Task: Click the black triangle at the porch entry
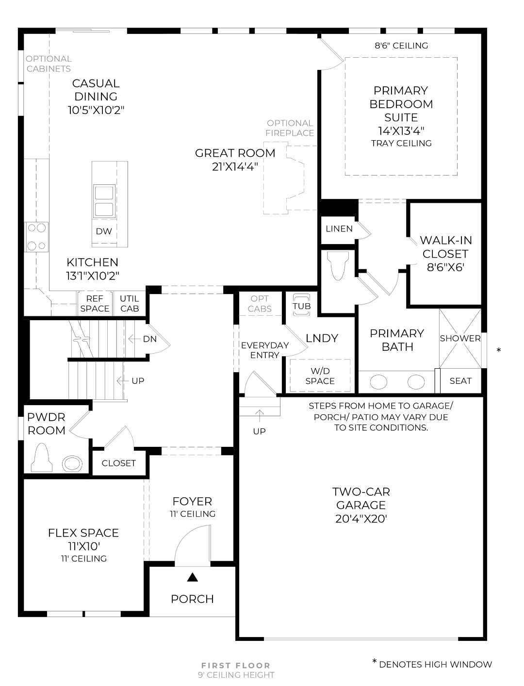pos(193,577)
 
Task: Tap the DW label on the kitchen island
pos(104,231)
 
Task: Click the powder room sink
pos(73,464)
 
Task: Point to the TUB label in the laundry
pos(301,306)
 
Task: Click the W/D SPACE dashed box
pos(320,376)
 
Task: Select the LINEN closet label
pos(339,229)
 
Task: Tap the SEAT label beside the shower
pos(460,381)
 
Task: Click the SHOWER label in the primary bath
pos(460,338)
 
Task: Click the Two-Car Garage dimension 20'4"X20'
pos(360,519)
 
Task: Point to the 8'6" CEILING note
pos(401,46)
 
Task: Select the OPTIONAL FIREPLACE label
pos(290,128)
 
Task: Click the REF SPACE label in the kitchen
pos(95,304)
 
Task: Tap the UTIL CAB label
pos(130,304)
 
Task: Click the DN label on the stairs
pos(150,339)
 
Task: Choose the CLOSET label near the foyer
pos(118,463)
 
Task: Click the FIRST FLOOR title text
pos(236,666)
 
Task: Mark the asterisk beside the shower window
pos(499,350)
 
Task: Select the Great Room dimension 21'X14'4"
pos(235,166)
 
